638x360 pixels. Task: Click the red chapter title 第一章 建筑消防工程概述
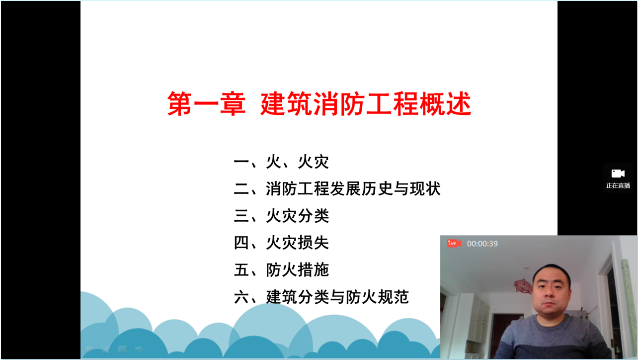(x=319, y=104)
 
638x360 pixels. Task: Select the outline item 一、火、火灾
(x=281, y=162)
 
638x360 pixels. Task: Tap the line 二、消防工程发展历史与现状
(x=337, y=188)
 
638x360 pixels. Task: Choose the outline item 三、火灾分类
(x=281, y=216)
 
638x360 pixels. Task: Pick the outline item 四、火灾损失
(x=281, y=243)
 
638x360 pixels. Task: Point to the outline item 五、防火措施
(x=281, y=270)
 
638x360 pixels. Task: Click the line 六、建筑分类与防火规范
(x=321, y=297)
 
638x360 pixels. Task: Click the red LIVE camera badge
(x=454, y=243)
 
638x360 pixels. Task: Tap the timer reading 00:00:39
(x=482, y=244)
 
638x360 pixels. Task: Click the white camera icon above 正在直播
(x=618, y=174)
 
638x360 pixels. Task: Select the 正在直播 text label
(x=618, y=185)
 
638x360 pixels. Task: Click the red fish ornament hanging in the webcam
(x=523, y=285)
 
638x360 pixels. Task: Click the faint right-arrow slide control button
(x=139, y=349)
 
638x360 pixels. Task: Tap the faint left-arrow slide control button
(x=89, y=349)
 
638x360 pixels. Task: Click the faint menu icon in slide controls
(x=122, y=349)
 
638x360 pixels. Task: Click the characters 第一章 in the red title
(x=206, y=104)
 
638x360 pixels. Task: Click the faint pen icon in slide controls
(x=106, y=349)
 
